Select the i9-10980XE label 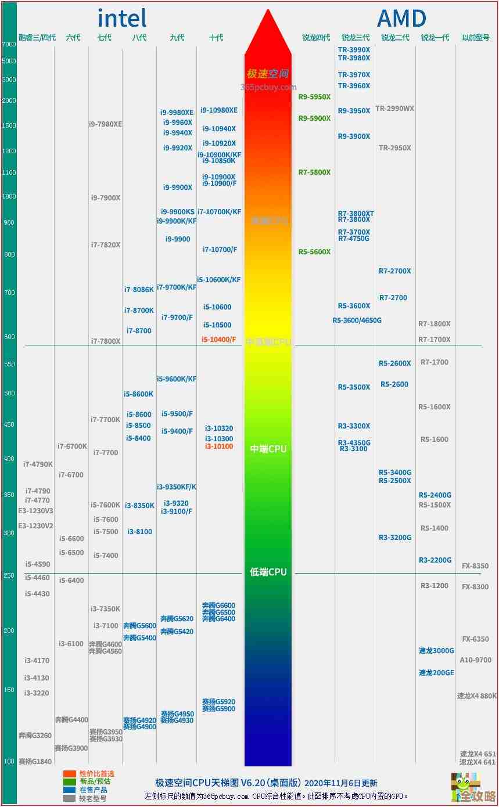pyautogui.click(x=219, y=110)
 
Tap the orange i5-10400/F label pyautogui.click(x=219, y=339)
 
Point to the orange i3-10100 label pyautogui.click(x=219, y=446)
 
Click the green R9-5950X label pyautogui.click(x=314, y=97)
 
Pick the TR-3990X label pyautogui.click(x=354, y=50)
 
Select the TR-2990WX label pyautogui.click(x=394, y=109)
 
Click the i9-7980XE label pyautogui.click(x=105, y=124)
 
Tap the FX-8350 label pyautogui.click(x=475, y=566)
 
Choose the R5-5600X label pyautogui.click(x=314, y=252)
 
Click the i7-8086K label pyautogui.click(x=139, y=290)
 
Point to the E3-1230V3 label pyautogui.click(x=35, y=511)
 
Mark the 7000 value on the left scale pyautogui.click(x=9, y=44)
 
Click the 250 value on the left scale pyautogui.click(x=9, y=575)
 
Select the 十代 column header pyautogui.click(x=216, y=38)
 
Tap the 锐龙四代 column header pyautogui.click(x=315, y=38)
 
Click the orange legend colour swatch pyautogui.click(x=70, y=774)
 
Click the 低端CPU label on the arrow pyautogui.click(x=268, y=572)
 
